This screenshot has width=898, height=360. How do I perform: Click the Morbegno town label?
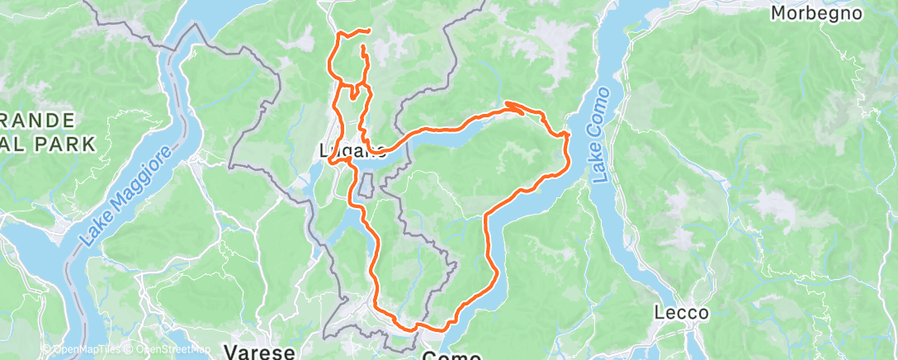pyautogui.click(x=816, y=13)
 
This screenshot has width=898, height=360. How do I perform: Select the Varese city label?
pyautogui.click(x=260, y=353)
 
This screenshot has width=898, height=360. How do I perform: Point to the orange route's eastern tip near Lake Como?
pyautogui.click(x=568, y=134)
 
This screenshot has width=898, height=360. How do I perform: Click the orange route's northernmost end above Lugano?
pyautogui.click(x=366, y=31)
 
